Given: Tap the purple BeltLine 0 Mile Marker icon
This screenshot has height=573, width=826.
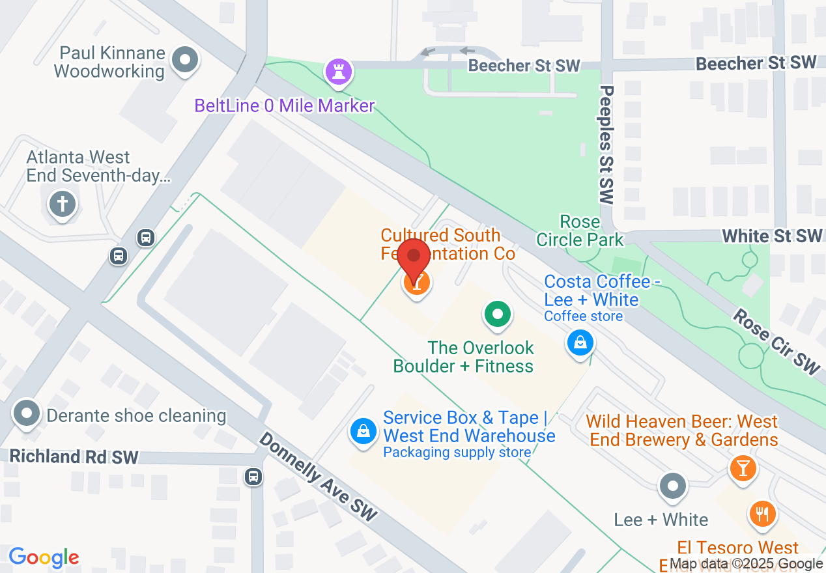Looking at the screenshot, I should coord(338,72).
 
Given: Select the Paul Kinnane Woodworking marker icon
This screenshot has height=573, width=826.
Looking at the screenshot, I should coord(185,61).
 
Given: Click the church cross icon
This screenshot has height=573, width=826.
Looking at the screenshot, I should coord(63,204).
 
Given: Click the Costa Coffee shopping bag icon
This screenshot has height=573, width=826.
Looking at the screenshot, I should coord(580,342).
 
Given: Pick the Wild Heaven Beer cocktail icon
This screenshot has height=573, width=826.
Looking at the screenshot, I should coord(741,467).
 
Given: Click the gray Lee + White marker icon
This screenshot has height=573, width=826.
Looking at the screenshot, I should coord(672,486).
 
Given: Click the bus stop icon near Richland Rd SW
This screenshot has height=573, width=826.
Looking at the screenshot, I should coord(253,477).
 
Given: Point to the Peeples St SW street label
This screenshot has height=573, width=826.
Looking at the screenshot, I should coord(606,145).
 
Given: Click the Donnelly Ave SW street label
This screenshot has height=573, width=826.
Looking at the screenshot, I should coord(318,476).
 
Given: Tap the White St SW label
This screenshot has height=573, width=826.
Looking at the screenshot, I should coord(773,236).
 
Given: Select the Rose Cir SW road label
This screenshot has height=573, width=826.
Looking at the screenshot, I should coord(776,342).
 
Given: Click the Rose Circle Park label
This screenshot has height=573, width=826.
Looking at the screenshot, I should coord(580,231).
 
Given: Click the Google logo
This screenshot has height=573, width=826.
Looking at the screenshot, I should coord(44,557).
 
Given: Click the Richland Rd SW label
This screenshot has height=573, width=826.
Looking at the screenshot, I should coord(74,456).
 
